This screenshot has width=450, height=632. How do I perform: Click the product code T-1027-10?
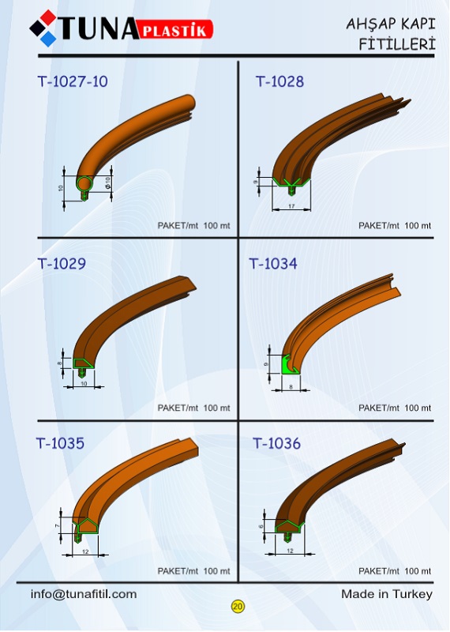[73, 81]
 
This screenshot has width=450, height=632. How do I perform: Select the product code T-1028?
[280, 81]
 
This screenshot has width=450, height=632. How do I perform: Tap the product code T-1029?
[62, 264]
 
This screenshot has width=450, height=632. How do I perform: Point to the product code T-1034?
[273, 264]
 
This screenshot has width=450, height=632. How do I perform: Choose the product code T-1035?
[61, 443]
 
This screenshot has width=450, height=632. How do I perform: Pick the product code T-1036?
[277, 443]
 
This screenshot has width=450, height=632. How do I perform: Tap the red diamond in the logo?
[48, 17]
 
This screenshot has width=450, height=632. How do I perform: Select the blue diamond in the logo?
[48, 39]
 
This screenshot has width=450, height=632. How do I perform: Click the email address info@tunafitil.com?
[84, 594]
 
